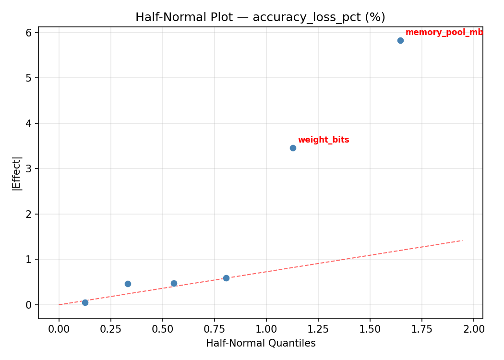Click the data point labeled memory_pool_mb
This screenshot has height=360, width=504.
tap(400, 40)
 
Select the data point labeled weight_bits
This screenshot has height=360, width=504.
tap(293, 148)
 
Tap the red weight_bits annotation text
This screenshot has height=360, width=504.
tap(324, 140)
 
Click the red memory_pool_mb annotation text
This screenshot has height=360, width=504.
tap(444, 33)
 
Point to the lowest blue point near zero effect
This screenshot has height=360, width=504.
tap(85, 302)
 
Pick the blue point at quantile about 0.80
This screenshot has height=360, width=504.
tap(226, 278)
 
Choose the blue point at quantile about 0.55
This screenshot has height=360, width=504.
tap(174, 283)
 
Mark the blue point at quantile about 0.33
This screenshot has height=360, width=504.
tap(128, 284)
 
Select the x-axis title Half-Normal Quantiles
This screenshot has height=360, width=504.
tap(261, 343)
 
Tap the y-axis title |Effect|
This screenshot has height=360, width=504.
tap(17, 173)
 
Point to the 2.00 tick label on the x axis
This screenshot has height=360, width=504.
tap(474, 330)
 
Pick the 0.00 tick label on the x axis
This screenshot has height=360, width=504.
tap(59, 330)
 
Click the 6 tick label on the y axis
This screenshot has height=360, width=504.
tap(29, 33)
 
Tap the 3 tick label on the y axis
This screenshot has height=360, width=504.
tap(29, 169)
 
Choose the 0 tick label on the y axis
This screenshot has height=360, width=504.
tap(29, 305)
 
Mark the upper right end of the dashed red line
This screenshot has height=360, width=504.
tap(462, 240)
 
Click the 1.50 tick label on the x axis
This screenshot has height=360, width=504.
tap(370, 330)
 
